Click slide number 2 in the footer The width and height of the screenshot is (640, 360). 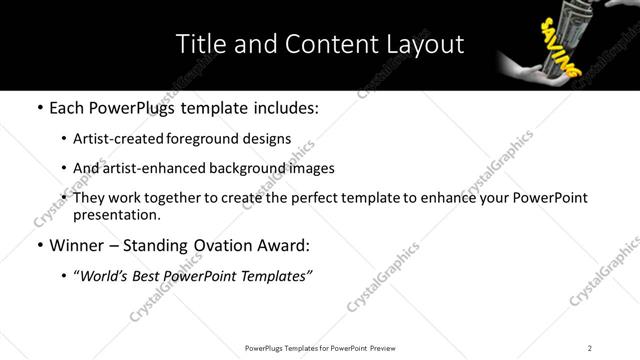click(590, 348)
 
